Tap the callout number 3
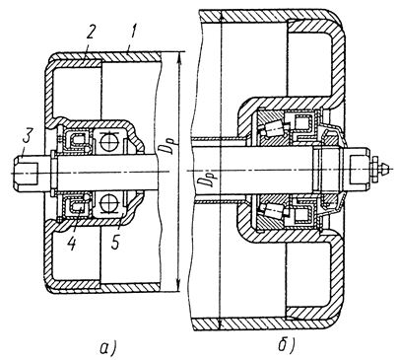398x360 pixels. (x=27, y=140)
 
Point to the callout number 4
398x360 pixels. (x=72, y=243)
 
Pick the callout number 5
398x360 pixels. (x=115, y=243)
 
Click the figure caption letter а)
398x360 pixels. (x=107, y=347)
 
